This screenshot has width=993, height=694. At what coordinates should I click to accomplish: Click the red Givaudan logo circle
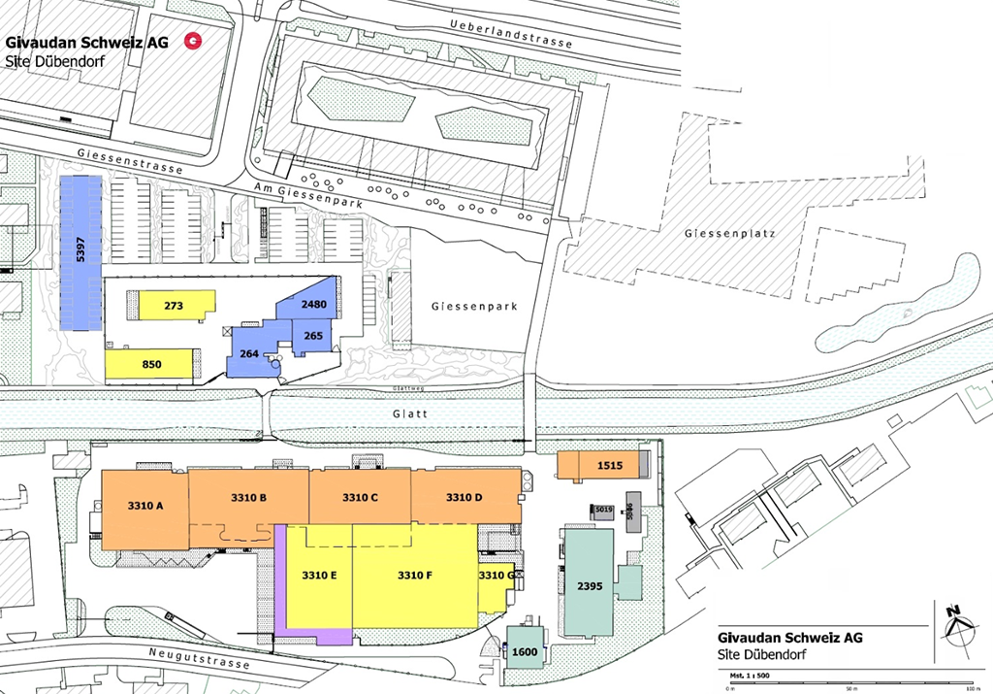195,41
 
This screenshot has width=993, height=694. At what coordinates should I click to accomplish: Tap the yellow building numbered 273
175,306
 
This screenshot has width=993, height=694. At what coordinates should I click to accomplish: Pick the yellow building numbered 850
150,364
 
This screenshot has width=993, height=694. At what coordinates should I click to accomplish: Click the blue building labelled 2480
312,304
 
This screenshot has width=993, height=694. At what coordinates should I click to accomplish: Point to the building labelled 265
313,336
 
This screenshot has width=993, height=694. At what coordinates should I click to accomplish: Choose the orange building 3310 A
144,505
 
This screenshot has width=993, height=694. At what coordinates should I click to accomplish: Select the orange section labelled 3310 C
360,497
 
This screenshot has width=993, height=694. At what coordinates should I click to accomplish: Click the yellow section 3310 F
415,576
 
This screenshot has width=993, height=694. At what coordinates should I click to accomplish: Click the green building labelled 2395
589,584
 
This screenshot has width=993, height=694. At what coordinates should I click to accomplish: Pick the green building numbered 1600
524,651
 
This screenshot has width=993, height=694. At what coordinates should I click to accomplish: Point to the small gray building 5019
602,510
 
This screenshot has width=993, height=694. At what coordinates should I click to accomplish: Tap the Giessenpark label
474,306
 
